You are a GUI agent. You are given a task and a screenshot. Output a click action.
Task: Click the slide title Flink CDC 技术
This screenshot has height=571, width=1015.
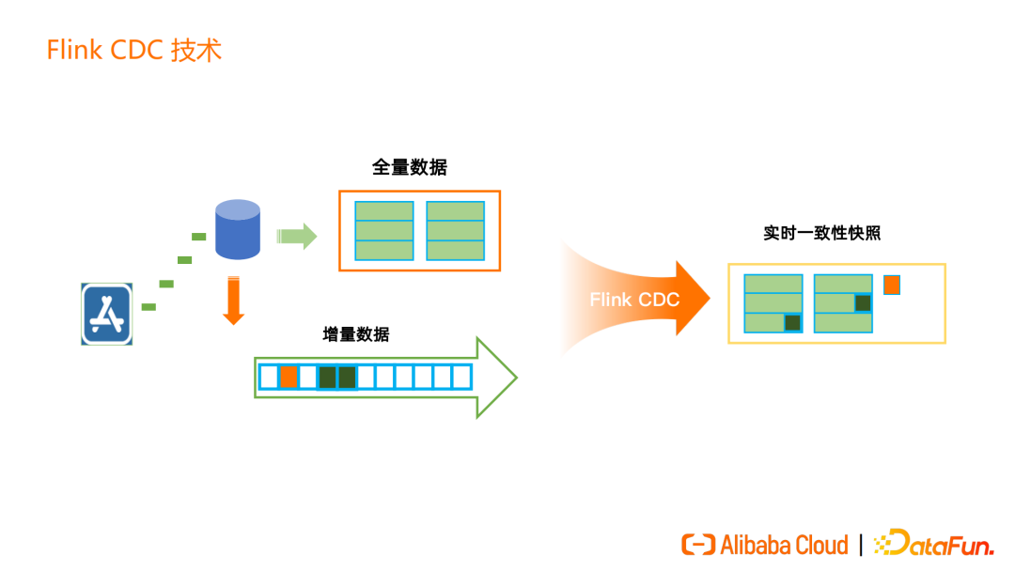(134, 50)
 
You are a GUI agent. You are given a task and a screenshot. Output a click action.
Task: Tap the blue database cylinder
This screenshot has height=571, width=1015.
(238, 228)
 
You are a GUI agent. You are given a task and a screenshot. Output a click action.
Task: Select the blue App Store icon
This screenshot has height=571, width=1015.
(106, 314)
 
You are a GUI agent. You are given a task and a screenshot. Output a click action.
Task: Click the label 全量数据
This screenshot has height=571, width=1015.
(410, 168)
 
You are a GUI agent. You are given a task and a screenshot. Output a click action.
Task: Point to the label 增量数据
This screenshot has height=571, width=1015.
(356, 334)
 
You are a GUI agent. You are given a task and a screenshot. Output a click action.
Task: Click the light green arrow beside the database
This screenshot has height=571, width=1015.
(297, 235)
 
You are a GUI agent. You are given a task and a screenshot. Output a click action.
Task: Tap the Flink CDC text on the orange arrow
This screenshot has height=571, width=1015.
(634, 300)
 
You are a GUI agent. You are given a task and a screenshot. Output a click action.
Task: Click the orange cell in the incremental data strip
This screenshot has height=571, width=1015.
(289, 377)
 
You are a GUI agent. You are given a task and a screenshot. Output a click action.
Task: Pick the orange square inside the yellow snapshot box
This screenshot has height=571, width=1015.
(892, 284)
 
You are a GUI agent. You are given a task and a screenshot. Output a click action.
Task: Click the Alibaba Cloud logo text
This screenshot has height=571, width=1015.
(784, 545)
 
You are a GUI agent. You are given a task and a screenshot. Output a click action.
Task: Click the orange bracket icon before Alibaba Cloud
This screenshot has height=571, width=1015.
(698, 545)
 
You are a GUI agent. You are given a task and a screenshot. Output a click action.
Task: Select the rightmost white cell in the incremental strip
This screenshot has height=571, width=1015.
(461, 377)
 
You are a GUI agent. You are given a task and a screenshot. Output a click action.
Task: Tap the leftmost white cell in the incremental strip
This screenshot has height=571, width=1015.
(269, 377)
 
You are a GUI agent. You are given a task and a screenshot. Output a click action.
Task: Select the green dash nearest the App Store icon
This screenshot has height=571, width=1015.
(148, 307)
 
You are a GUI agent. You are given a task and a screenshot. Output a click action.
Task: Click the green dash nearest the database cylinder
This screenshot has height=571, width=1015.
(198, 236)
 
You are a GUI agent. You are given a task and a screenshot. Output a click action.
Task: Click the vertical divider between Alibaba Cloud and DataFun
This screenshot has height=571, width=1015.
(861, 545)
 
